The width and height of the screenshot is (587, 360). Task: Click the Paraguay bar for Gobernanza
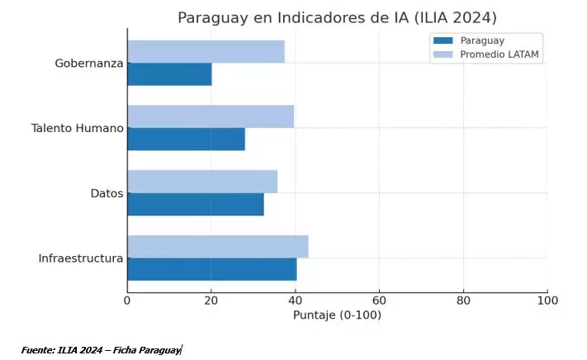click(169, 74)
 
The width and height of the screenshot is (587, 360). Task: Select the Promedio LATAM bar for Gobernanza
click(206, 51)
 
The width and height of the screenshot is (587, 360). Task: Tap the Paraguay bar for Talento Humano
click(186, 139)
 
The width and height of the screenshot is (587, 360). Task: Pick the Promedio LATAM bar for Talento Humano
click(211, 116)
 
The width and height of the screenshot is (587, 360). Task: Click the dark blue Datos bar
click(196, 204)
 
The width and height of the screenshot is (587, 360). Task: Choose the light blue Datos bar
click(202, 182)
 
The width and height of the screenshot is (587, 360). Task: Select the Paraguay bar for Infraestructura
click(211, 269)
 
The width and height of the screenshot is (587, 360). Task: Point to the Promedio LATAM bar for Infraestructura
click(218, 246)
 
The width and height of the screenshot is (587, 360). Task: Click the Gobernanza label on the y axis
click(89, 63)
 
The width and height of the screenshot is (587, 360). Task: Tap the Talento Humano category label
click(78, 128)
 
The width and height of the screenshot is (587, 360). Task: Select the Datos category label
click(107, 193)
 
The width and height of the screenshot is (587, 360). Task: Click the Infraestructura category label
click(81, 258)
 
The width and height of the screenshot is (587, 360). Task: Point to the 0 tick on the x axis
click(127, 301)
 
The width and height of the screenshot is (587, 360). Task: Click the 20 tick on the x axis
click(211, 301)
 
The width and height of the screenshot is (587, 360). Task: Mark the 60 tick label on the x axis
click(379, 301)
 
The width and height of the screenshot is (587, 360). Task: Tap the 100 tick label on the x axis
click(547, 301)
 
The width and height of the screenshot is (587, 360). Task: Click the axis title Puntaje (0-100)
click(337, 315)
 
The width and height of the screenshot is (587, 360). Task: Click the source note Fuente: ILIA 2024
click(101, 350)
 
